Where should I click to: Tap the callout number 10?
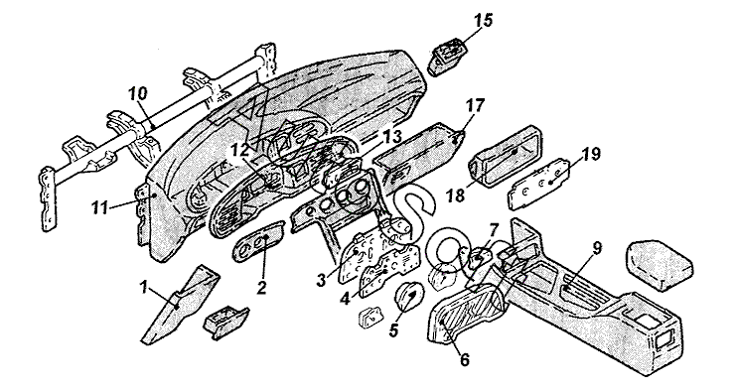[137, 93]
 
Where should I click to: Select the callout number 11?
[99, 207]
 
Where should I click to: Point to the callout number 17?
[475, 106]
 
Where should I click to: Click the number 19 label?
[590, 154]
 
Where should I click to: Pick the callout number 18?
[455, 195]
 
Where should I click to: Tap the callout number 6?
[464, 360]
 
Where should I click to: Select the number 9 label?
[597, 249]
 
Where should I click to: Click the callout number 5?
[393, 329]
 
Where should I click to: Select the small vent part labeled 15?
[447, 57]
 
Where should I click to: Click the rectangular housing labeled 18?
[505, 157]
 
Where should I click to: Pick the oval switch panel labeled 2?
[258, 240]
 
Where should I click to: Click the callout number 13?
[391, 137]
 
